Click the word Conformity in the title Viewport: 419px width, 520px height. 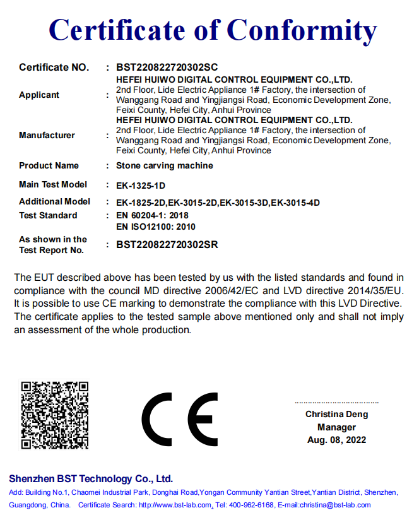click(x=302, y=30)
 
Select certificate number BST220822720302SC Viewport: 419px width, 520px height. click(x=167, y=67)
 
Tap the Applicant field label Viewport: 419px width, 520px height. click(x=39, y=95)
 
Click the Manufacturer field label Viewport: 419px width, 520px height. click(x=47, y=135)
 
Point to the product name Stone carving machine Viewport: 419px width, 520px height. click(x=165, y=165)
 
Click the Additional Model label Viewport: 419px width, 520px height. click(x=55, y=202)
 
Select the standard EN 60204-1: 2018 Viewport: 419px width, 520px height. click(x=153, y=215)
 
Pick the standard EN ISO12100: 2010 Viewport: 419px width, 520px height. click(x=156, y=226)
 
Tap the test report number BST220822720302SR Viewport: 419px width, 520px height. click(x=167, y=245)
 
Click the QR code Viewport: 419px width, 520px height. click(x=55, y=415)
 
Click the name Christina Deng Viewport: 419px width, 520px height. click(x=336, y=415)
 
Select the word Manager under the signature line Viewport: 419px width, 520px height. click(x=336, y=427)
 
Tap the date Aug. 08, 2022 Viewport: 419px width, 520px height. click(x=336, y=440)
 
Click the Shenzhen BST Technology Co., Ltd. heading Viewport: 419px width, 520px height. click(x=91, y=479)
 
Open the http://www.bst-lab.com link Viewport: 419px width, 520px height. click(x=175, y=505)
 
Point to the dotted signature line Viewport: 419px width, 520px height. click(x=336, y=402)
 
